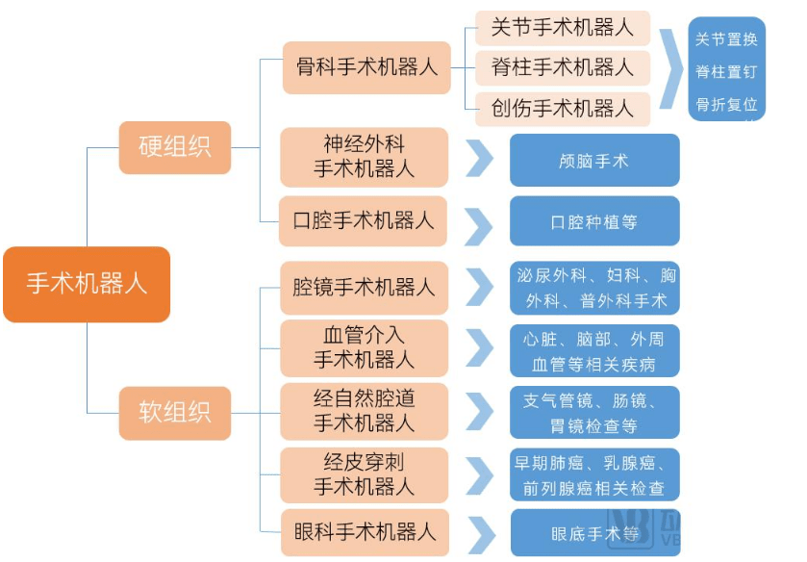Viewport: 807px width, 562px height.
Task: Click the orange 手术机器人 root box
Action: pyautogui.click(x=87, y=284)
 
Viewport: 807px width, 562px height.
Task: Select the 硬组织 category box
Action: pyautogui.click(x=174, y=147)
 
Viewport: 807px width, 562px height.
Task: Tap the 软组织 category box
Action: pyautogui.click(x=174, y=413)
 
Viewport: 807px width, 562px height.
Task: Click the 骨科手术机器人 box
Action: pyautogui.click(x=366, y=67)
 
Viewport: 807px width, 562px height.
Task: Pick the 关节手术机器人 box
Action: pyautogui.click(x=563, y=28)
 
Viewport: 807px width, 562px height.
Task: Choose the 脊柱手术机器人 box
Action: pyautogui.click(x=563, y=68)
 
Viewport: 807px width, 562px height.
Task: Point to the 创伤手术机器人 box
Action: pyautogui.click(x=563, y=109)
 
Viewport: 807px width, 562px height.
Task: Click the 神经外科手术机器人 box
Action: pyautogui.click(x=364, y=157)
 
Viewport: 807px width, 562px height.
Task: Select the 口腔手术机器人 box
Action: pyautogui.click(x=364, y=221)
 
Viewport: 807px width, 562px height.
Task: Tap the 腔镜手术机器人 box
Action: pyautogui.click(x=364, y=287)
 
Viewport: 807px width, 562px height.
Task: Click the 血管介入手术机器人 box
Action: pyautogui.click(x=364, y=347)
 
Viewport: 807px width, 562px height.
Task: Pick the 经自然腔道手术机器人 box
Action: pyautogui.click(x=364, y=410)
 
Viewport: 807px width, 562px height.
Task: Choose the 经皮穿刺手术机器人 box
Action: pyautogui.click(x=364, y=474)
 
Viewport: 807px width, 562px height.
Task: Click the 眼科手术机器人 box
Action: pyautogui.click(x=364, y=531)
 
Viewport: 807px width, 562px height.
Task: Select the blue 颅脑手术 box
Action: pyautogui.click(x=593, y=160)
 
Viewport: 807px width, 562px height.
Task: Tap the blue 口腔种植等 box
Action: pyautogui.click(x=593, y=221)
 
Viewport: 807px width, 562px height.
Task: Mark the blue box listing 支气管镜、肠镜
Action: pyautogui.click(x=593, y=412)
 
